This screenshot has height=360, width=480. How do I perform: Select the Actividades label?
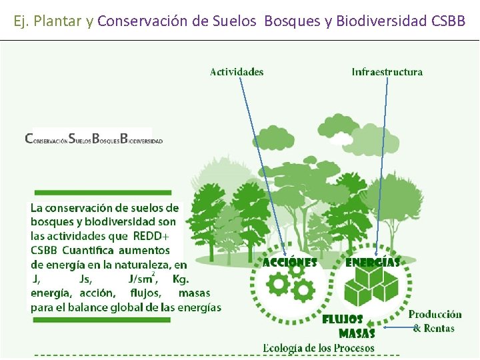[x=237, y=72]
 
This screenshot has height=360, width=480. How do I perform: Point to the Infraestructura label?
[x=387, y=72]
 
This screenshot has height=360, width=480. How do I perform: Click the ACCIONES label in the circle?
[x=289, y=263]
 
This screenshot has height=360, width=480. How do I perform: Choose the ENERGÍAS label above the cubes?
[x=373, y=263]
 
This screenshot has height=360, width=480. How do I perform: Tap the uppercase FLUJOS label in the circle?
[x=343, y=319]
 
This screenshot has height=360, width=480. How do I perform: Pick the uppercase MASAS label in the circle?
[x=357, y=333]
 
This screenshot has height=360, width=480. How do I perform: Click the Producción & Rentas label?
[x=435, y=321]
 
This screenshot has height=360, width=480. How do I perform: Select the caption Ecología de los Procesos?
[x=319, y=347]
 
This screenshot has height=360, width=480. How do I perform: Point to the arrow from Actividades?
[x=263, y=167]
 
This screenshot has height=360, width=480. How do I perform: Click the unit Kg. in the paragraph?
[x=181, y=279]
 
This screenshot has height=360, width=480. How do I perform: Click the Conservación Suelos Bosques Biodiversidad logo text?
[x=93, y=139]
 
